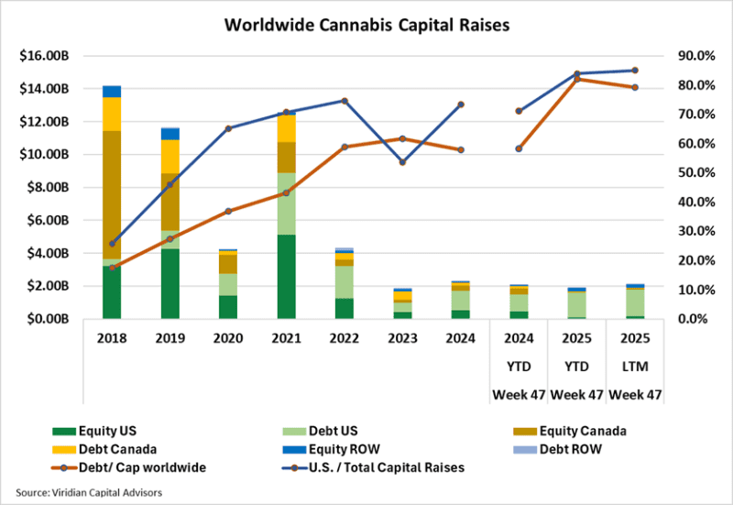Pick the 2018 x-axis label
[112, 337]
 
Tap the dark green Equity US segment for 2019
[170, 284]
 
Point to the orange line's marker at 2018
[113, 268]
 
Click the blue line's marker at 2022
[345, 101]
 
